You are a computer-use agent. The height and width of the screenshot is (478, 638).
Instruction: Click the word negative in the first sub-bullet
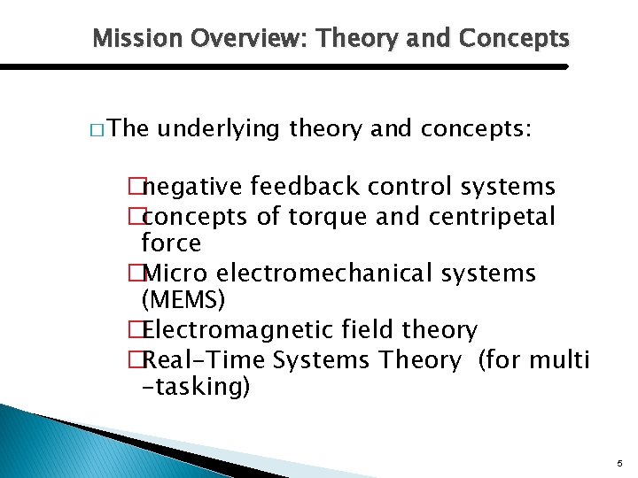point(193,187)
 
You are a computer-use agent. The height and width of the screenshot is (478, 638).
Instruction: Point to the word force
point(171,243)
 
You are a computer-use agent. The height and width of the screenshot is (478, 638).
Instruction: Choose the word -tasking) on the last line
point(196,387)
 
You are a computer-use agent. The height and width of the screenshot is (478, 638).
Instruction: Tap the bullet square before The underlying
point(96,130)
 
